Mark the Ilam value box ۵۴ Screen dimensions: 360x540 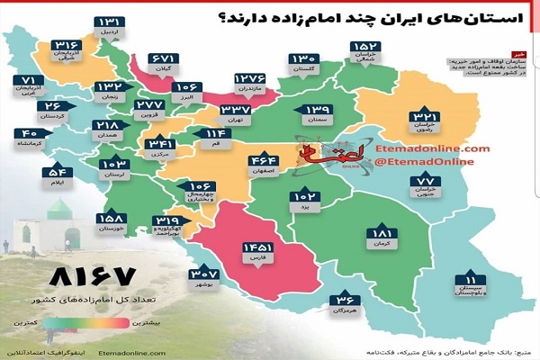coord(56,172)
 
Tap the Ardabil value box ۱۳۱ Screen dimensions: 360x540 coord(111,22)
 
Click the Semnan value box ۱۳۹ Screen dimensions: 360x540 coord(322,110)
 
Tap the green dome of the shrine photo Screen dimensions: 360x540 coord(61,209)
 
